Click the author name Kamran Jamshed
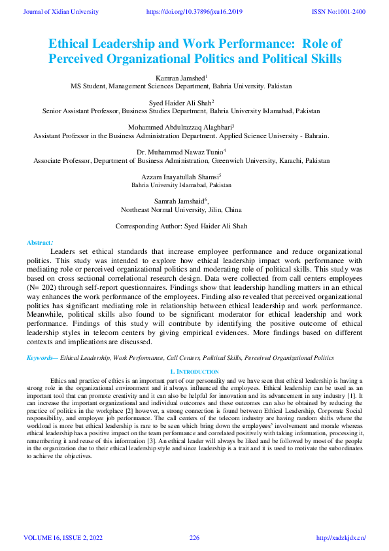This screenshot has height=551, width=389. pos(180,77)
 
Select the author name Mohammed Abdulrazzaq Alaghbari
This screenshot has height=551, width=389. pos(180,127)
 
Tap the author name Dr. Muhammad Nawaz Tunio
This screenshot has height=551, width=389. pos(180,152)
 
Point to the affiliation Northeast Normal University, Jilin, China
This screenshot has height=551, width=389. pos(181,210)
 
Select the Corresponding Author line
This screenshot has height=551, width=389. pos(181,226)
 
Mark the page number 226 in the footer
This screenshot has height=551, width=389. pos(194,538)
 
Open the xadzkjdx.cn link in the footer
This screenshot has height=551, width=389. pos(341,538)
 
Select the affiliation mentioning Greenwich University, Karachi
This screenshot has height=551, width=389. pos(181,160)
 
